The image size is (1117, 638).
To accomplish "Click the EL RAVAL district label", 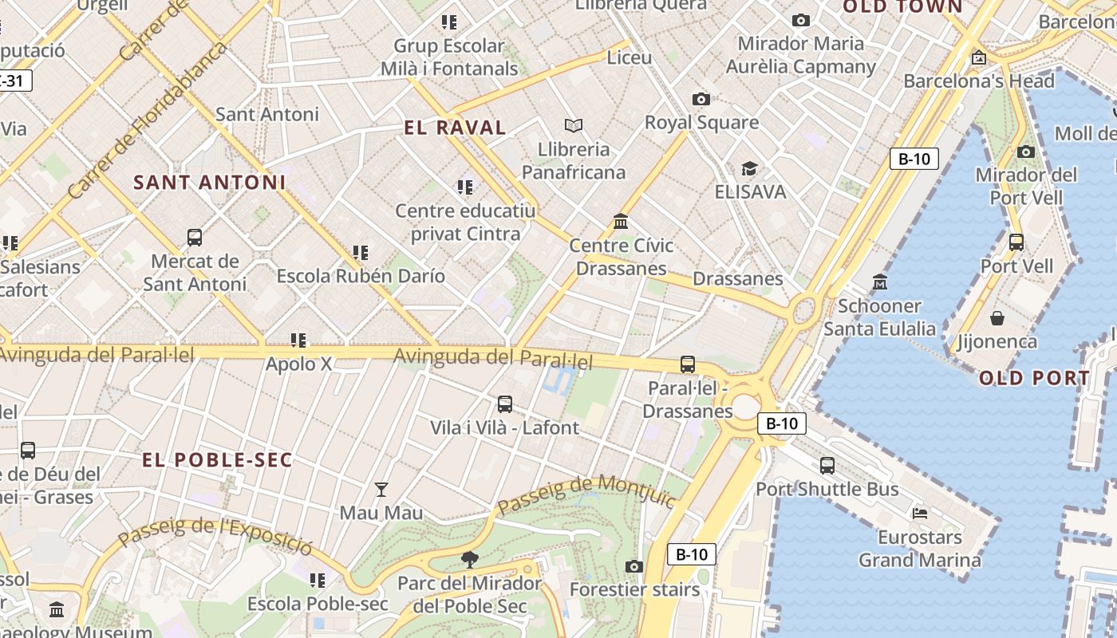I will [x=455, y=128].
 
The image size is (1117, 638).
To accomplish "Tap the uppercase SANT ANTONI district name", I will [x=209, y=183].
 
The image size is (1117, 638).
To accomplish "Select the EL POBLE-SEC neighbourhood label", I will [x=217, y=460].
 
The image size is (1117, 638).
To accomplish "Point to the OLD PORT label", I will [x=1034, y=379].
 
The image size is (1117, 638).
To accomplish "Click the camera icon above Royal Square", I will [x=701, y=99].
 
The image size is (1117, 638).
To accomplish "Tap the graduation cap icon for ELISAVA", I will [x=749, y=168].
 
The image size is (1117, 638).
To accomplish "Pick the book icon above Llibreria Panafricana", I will [x=573, y=125].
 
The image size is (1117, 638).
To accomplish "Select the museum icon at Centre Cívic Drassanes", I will [x=621, y=221].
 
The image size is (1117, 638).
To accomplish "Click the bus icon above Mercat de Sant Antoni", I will [x=195, y=237].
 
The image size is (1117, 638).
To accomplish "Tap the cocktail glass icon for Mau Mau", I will [x=381, y=489].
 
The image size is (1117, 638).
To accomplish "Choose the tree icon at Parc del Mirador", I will [x=470, y=559].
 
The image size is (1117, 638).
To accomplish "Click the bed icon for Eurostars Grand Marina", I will [x=920, y=514].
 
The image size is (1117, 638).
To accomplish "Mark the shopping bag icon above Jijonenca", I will [x=997, y=318].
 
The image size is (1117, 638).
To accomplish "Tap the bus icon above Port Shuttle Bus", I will [x=827, y=465].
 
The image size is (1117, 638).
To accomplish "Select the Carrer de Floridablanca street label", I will [x=148, y=120].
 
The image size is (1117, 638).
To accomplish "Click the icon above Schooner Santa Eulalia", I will [x=880, y=282].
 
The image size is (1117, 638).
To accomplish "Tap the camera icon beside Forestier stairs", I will [x=634, y=566].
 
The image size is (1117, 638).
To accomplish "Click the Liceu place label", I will [x=629, y=57].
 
